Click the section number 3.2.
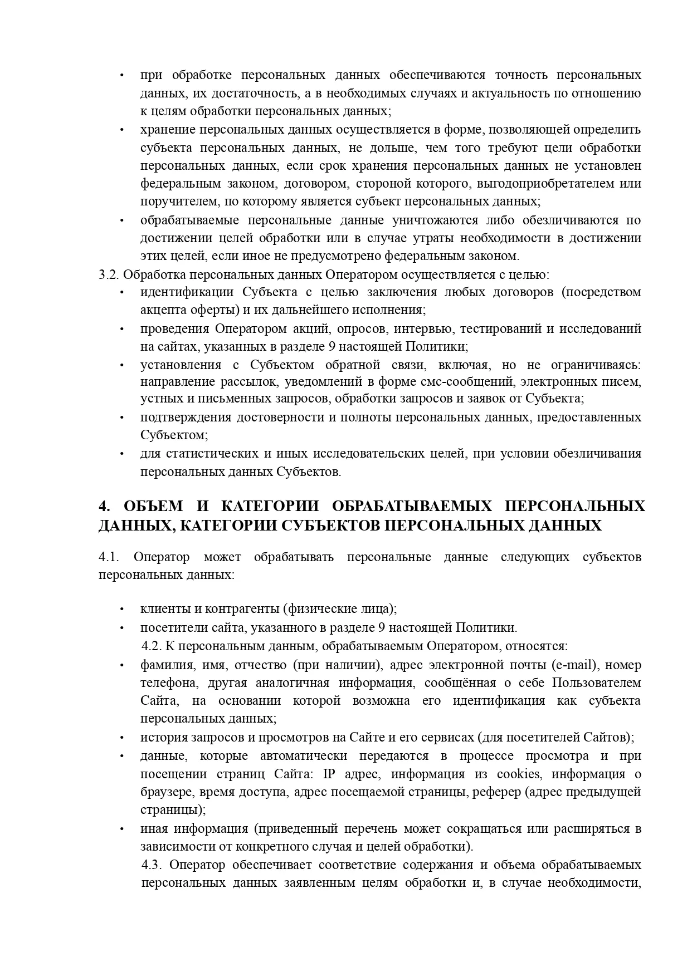(x=109, y=274)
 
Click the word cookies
(x=518, y=774)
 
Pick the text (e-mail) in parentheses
(x=574, y=665)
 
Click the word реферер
(x=497, y=792)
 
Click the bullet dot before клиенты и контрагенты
(x=121, y=610)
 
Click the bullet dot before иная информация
(x=121, y=829)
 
